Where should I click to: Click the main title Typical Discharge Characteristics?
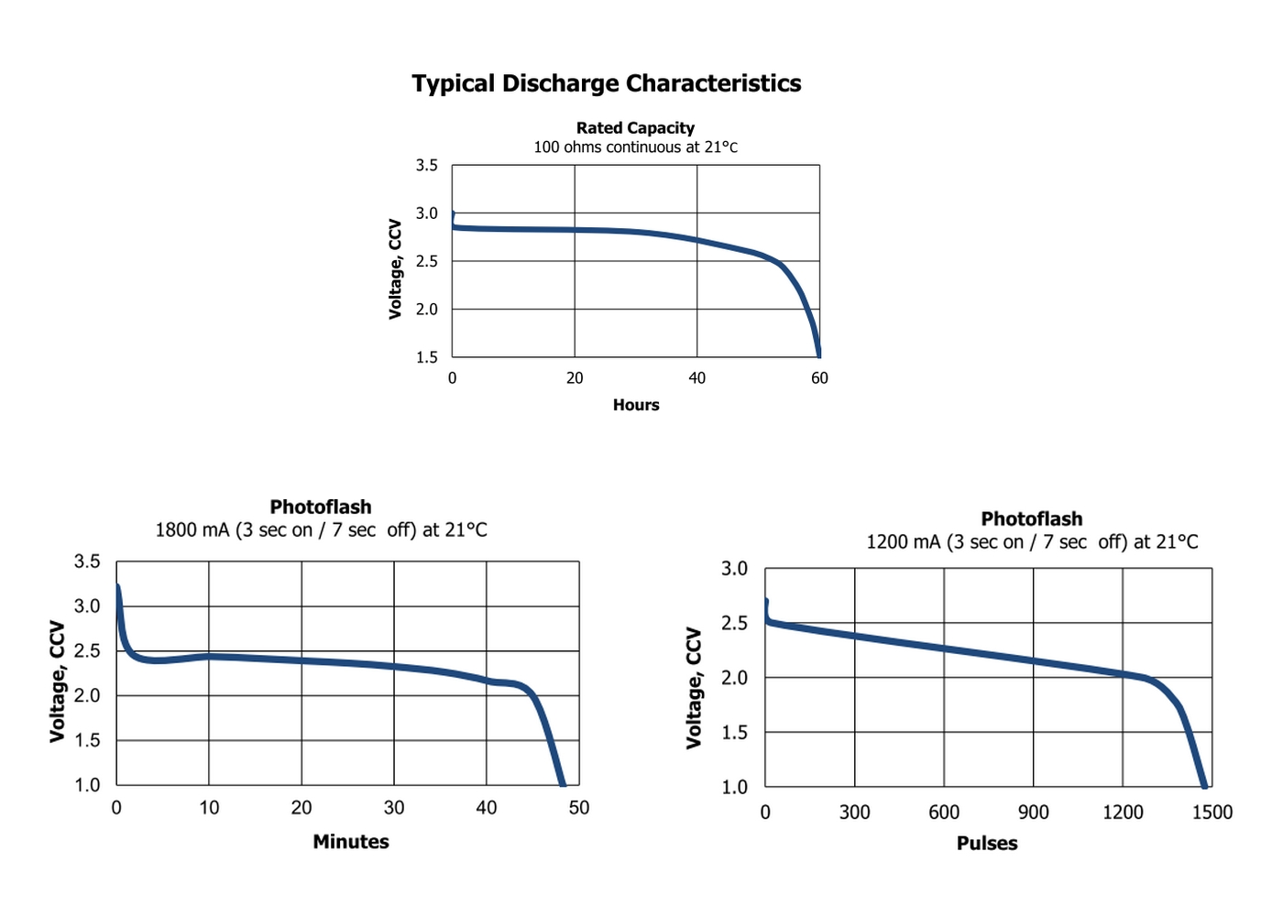606,83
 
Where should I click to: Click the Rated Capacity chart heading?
635,128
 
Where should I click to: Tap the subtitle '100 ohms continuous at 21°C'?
635,147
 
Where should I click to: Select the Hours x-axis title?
636,405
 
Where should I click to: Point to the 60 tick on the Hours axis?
819,378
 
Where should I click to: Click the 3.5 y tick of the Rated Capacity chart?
426,166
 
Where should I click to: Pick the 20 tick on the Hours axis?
575,378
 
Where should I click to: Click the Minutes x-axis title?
351,842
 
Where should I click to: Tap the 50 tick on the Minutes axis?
579,808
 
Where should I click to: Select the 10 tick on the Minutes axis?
209,808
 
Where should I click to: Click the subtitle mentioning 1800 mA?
321,530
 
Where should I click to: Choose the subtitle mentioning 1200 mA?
1032,542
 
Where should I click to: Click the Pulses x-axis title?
987,844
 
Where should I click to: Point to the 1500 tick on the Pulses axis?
1212,812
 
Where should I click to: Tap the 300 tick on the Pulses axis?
854,812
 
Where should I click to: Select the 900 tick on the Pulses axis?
1033,812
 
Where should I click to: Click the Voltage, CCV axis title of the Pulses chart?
694,688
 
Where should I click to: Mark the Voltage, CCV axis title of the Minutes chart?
58,682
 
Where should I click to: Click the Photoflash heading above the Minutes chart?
321,507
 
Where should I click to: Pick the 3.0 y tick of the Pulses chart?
734,569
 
